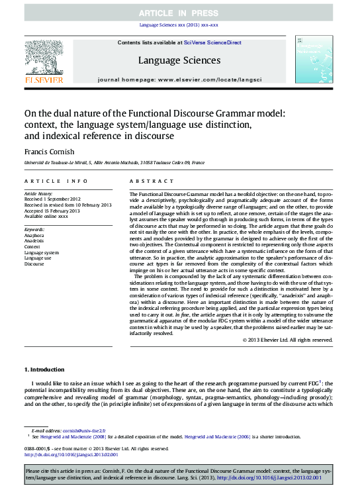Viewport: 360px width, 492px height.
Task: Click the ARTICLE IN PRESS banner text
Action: (x=179, y=13)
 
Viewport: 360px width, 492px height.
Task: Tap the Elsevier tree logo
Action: (x=44, y=56)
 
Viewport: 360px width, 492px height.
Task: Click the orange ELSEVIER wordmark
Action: (x=44, y=79)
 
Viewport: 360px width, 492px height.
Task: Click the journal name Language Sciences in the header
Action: (x=179, y=60)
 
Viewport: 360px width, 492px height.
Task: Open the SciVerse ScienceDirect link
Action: (x=215, y=42)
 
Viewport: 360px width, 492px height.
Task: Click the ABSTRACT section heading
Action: (x=152, y=181)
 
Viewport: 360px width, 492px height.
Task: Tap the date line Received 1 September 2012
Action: (x=52, y=199)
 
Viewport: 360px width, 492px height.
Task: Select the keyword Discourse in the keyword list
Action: (x=34, y=264)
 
